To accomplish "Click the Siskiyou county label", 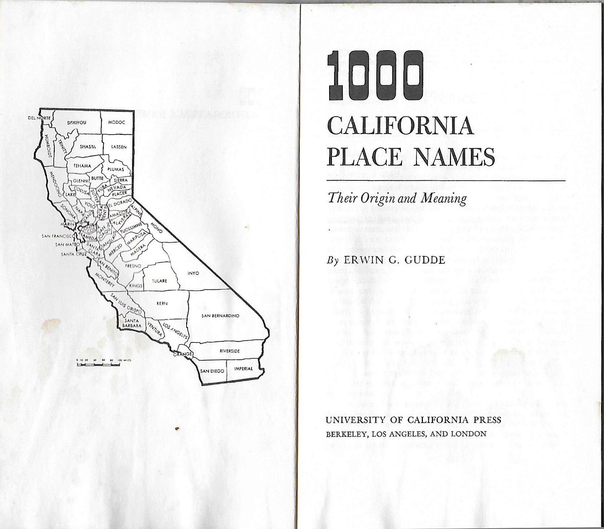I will point(76,123).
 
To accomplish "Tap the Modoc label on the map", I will point(117,122).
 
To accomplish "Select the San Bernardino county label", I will point(220,316).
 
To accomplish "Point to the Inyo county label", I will point(193,273).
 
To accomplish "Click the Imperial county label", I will point(244,368).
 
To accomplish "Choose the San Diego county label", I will point(212,371).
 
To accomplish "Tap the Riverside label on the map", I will point(229,351).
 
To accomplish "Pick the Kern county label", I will point(162,303).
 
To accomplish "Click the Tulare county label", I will point(159,281).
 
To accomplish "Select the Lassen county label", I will point(119,147).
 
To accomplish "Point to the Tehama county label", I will point(82,166).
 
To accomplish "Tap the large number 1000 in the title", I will point(375,76).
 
